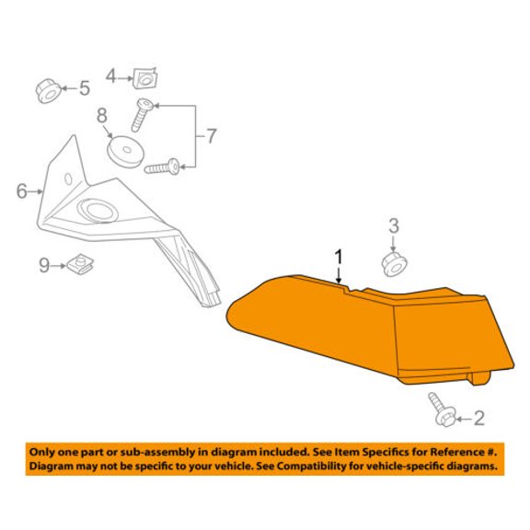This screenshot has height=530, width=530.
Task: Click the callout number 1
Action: pyautogui.click(x=339, y=257)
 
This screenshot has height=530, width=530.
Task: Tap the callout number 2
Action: pyautogui.click(x=479, y=418)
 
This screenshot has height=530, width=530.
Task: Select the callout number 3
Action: pyautogui.click(x=394, y=225)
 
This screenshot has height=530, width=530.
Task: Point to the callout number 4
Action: pyautogui.click(x=110, y=76)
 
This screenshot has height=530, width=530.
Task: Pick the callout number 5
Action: pyautogui.click(x=85, y=88)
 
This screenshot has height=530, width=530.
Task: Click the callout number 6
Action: pyautogui.click(x=22, y=191)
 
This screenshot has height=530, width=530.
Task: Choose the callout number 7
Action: pyautogui.click(x=211, y=136)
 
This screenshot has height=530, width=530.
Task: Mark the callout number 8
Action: pyautogui.click(x=102, y=115)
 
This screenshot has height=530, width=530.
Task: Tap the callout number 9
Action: pyautogui.click(x=44, y=265)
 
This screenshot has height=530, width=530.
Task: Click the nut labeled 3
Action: pyautogui.click(x=394, y=264)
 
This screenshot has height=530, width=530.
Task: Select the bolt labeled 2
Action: pyautogui.click(x=442, y=409)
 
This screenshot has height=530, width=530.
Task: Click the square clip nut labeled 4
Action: pyautogui.click(x=145, y=79)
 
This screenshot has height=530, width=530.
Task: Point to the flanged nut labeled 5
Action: pyautogui.click(x=49, y=91)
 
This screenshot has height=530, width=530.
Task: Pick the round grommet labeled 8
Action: pyautogui.click(x=125, y=152)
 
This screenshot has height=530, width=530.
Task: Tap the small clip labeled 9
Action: pyautogui.click(x=80, y=265)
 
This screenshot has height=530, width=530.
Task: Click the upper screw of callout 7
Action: pyautogui.click(x=142, y=115)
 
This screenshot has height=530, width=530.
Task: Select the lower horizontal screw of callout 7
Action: pyautogui.click(x=162, y=167)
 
